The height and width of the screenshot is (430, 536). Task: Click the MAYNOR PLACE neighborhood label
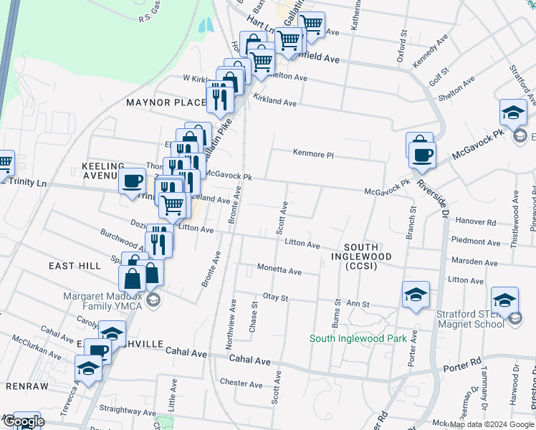[x=166, y=102]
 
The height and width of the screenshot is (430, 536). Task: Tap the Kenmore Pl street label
[x=313, y=153]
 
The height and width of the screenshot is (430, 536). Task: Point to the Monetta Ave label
[x=280, y=270]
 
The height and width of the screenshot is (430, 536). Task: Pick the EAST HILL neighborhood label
[x=75, y=266]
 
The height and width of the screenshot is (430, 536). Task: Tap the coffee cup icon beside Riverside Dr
[x=422, y=154]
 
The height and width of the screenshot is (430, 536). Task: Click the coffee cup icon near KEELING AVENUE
[x=133, y=182]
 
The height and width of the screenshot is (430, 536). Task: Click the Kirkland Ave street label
[x=274, y=103]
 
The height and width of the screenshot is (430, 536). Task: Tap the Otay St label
[x=275, y=297]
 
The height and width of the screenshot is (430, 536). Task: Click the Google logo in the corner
[x=23, y=422]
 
